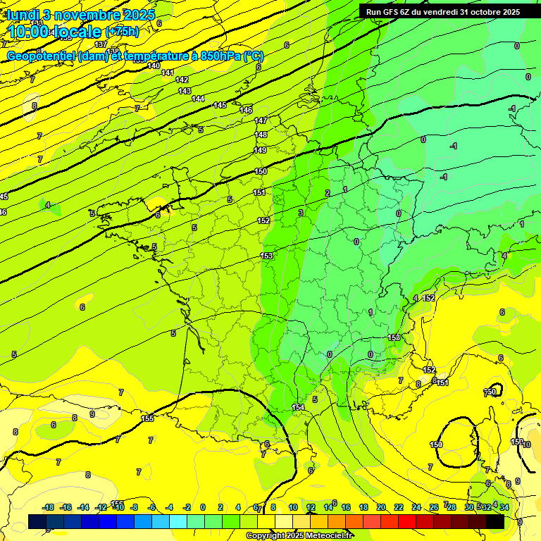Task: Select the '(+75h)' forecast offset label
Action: pos(122,32)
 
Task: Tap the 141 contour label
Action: pos(168,73)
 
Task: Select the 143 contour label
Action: pos(185,91)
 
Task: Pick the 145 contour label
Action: pos(220,105)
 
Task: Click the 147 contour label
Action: pos(261,121)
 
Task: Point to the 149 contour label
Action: pos(260,150)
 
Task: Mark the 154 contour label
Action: pos(298,408)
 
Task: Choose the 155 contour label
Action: pos(147,418)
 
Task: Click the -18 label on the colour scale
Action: pos(49,508)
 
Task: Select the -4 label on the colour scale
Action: pos(169,508)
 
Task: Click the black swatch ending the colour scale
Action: pos(495,522)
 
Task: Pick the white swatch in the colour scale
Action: pos(284,522)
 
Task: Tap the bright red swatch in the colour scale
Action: pos(407,522)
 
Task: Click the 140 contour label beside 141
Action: pos(154,66)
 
